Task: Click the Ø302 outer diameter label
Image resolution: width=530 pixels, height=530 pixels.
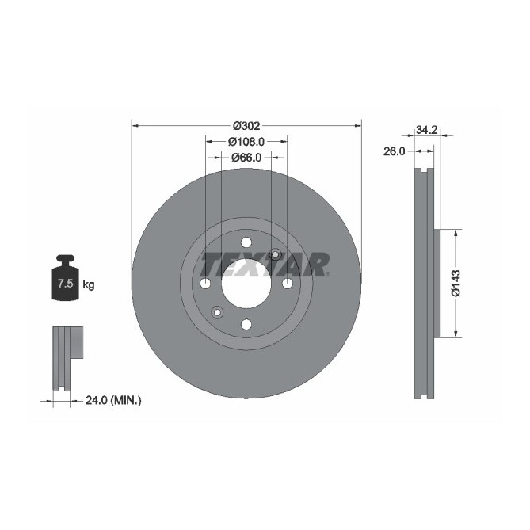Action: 246,125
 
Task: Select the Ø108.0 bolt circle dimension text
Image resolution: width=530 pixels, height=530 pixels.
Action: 246,141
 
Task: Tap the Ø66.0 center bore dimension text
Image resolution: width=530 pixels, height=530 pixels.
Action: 246,158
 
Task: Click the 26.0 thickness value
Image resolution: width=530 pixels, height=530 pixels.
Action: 394,151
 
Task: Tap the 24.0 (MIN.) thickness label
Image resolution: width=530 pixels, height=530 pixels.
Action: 112,401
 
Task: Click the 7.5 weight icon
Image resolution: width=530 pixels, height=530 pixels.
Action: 65,279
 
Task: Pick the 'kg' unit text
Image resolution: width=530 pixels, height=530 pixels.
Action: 89,284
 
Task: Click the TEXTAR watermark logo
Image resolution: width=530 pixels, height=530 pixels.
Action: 265,264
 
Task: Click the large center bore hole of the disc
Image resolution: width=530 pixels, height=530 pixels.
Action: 246,283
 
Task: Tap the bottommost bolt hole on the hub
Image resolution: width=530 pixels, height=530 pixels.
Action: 246,324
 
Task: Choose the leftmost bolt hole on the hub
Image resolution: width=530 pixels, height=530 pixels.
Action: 205,284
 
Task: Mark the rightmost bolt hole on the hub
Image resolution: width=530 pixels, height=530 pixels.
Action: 287,284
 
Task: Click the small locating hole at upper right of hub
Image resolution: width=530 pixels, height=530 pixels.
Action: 275,254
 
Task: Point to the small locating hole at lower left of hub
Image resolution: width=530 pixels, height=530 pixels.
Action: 217,312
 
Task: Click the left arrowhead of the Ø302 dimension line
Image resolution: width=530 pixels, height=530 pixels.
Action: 135,125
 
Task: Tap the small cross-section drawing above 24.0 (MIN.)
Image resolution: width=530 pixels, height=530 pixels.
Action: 67,357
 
